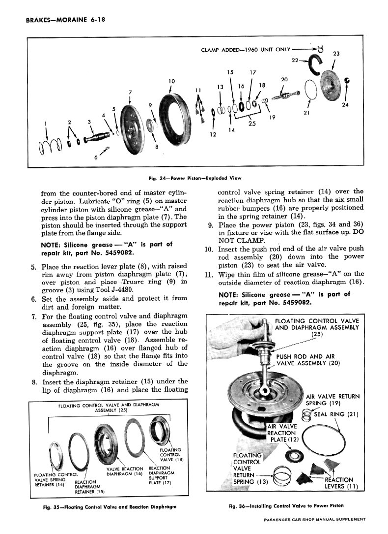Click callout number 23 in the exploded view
click(x=336, y=54)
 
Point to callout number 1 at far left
click(x=46, y=123)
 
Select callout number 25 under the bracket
click(x=252, y=124)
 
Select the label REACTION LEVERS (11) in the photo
click(x=339, y=483)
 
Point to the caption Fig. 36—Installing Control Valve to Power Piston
click(x=286, y=505)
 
